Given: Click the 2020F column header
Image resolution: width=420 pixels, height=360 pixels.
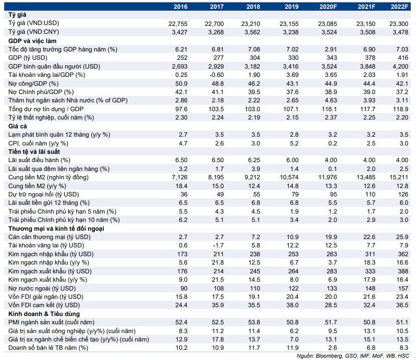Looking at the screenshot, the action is pyautogui.click(x=328, y=6).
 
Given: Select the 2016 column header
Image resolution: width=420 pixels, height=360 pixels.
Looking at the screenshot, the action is pyautogui.click(x=180, y=6).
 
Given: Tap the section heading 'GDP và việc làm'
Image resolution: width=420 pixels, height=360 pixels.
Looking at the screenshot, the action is pyautogui.click(x=32, y=41).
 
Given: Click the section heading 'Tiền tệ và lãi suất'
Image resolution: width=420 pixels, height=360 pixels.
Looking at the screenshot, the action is pyautogui.click(x=34, y=152).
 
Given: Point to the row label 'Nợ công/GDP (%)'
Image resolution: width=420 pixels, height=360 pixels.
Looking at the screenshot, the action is pyautogui.click(x=33, y=83).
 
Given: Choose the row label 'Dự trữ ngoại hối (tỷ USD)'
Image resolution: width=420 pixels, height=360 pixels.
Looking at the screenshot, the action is pyautogui.click(x=44, y=194).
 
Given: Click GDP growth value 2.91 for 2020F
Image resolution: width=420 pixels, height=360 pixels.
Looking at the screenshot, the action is pyautogui.click(x=331, y=50).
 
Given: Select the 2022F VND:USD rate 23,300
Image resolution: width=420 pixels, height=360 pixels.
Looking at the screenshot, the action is pyautogui.click(x=399, y=24).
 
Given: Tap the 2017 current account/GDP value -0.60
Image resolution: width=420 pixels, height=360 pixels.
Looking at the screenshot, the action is pyautogui.click(x=216, y=75).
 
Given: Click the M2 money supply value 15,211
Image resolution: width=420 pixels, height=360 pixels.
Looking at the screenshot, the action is pyautogui.click(x=399, y=177).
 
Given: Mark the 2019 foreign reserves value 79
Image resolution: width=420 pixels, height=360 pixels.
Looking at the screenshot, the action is pyautogui.click(x=295, y=194).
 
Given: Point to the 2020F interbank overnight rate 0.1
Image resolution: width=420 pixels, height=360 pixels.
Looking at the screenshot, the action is pyautogui.click(x=332, y=169).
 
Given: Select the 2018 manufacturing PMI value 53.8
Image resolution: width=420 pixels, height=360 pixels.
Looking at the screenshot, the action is pyautogui.click(x=254, y=322).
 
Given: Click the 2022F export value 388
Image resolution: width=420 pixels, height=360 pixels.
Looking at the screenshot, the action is pyautogui.click(x=403, y=271).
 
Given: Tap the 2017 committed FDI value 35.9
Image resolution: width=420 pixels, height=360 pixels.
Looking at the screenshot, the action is pyautogui.click(x=217, y=305).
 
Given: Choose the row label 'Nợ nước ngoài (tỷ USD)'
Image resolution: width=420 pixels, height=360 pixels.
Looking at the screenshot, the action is pyautogui.click(x=42, y=288).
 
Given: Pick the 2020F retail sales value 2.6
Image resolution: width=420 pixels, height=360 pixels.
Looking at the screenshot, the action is pyautogui.click(x=332, y=347).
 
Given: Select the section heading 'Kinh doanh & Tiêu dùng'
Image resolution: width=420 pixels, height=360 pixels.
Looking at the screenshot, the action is pyautogui.click(x=44, y=314).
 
